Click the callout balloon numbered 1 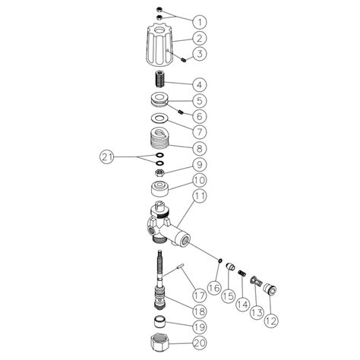point(199,21)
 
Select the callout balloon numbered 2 point(199,37)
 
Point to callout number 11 point(199,197)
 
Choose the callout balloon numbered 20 point(198,343)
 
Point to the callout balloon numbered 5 point(199,100)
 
